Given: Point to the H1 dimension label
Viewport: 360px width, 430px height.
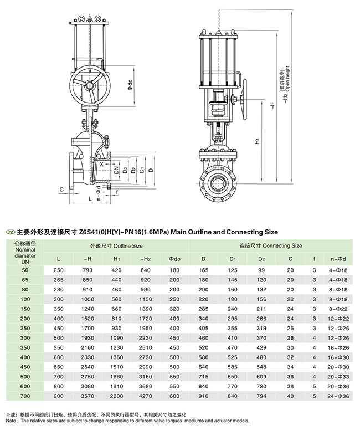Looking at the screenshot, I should [x=258, y=142].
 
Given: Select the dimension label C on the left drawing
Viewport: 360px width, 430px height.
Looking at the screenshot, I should [x=61, y=190].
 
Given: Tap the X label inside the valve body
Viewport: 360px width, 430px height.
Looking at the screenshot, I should [x=94, y=163].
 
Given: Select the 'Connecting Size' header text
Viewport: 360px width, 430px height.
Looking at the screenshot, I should [x=270, y=244].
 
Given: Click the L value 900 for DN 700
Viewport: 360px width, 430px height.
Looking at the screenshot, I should [x=59, y=396].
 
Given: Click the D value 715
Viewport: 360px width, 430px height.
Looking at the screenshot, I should [x=203, y=376].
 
